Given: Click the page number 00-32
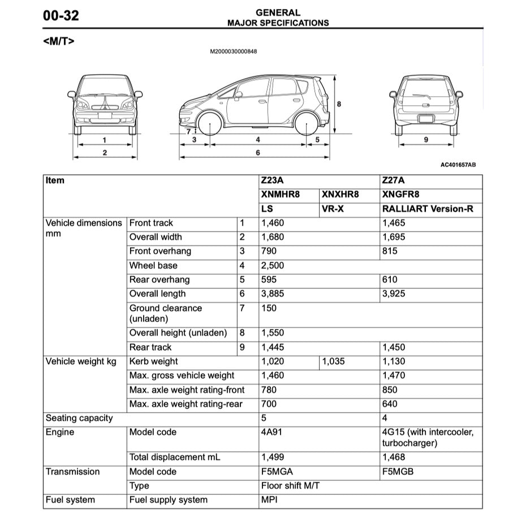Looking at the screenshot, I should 61,16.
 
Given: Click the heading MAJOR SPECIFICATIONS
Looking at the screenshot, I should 278,23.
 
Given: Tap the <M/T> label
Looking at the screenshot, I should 58,41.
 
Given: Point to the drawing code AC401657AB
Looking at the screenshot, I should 458,165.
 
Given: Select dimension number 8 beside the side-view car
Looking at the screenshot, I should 339,104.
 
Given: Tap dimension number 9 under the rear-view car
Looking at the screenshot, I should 426,140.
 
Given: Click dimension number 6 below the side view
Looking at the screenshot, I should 258,153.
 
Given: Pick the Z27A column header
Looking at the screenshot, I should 394,181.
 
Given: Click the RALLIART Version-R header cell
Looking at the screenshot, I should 428,209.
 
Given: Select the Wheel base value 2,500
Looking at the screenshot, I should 273,266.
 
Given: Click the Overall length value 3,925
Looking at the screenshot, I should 394,294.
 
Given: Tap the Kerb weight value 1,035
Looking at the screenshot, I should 333,362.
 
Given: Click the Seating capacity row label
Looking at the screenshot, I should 79,419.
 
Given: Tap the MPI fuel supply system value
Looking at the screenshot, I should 269,501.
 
